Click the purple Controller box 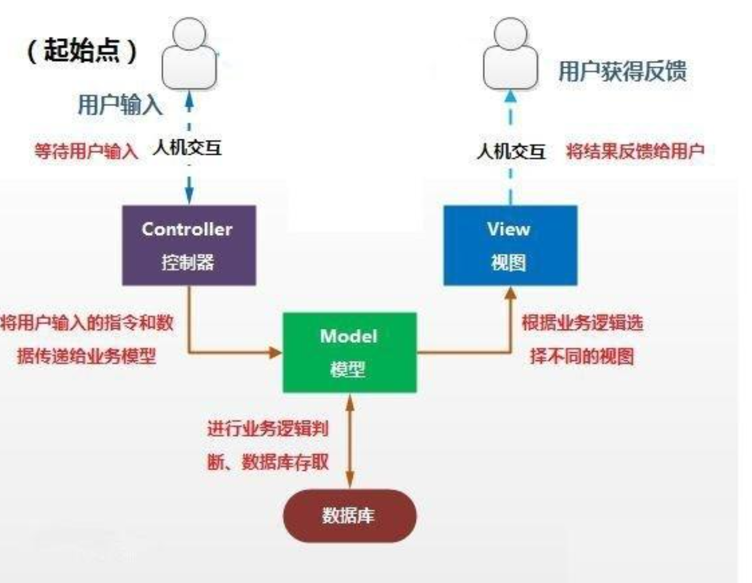point(188,245)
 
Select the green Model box point(349,352)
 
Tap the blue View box point(510,245)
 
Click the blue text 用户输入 point(120,106)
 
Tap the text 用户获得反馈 point(621,72)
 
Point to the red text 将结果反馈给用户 point(635,151)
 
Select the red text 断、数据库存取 point(271,461)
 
